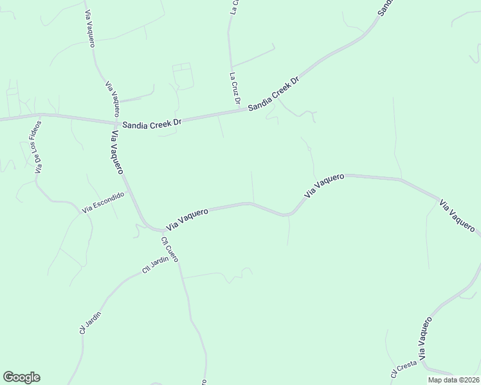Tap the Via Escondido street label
coord(103,202)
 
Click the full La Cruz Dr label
coord(235,89)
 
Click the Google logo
coord(21,377)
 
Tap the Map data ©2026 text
coord(453,380)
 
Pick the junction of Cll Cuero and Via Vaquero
coord(161,230)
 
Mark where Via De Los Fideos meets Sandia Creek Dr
coord(41,116)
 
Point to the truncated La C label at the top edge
coord(234,6)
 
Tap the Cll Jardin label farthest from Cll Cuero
coord(90,322)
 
